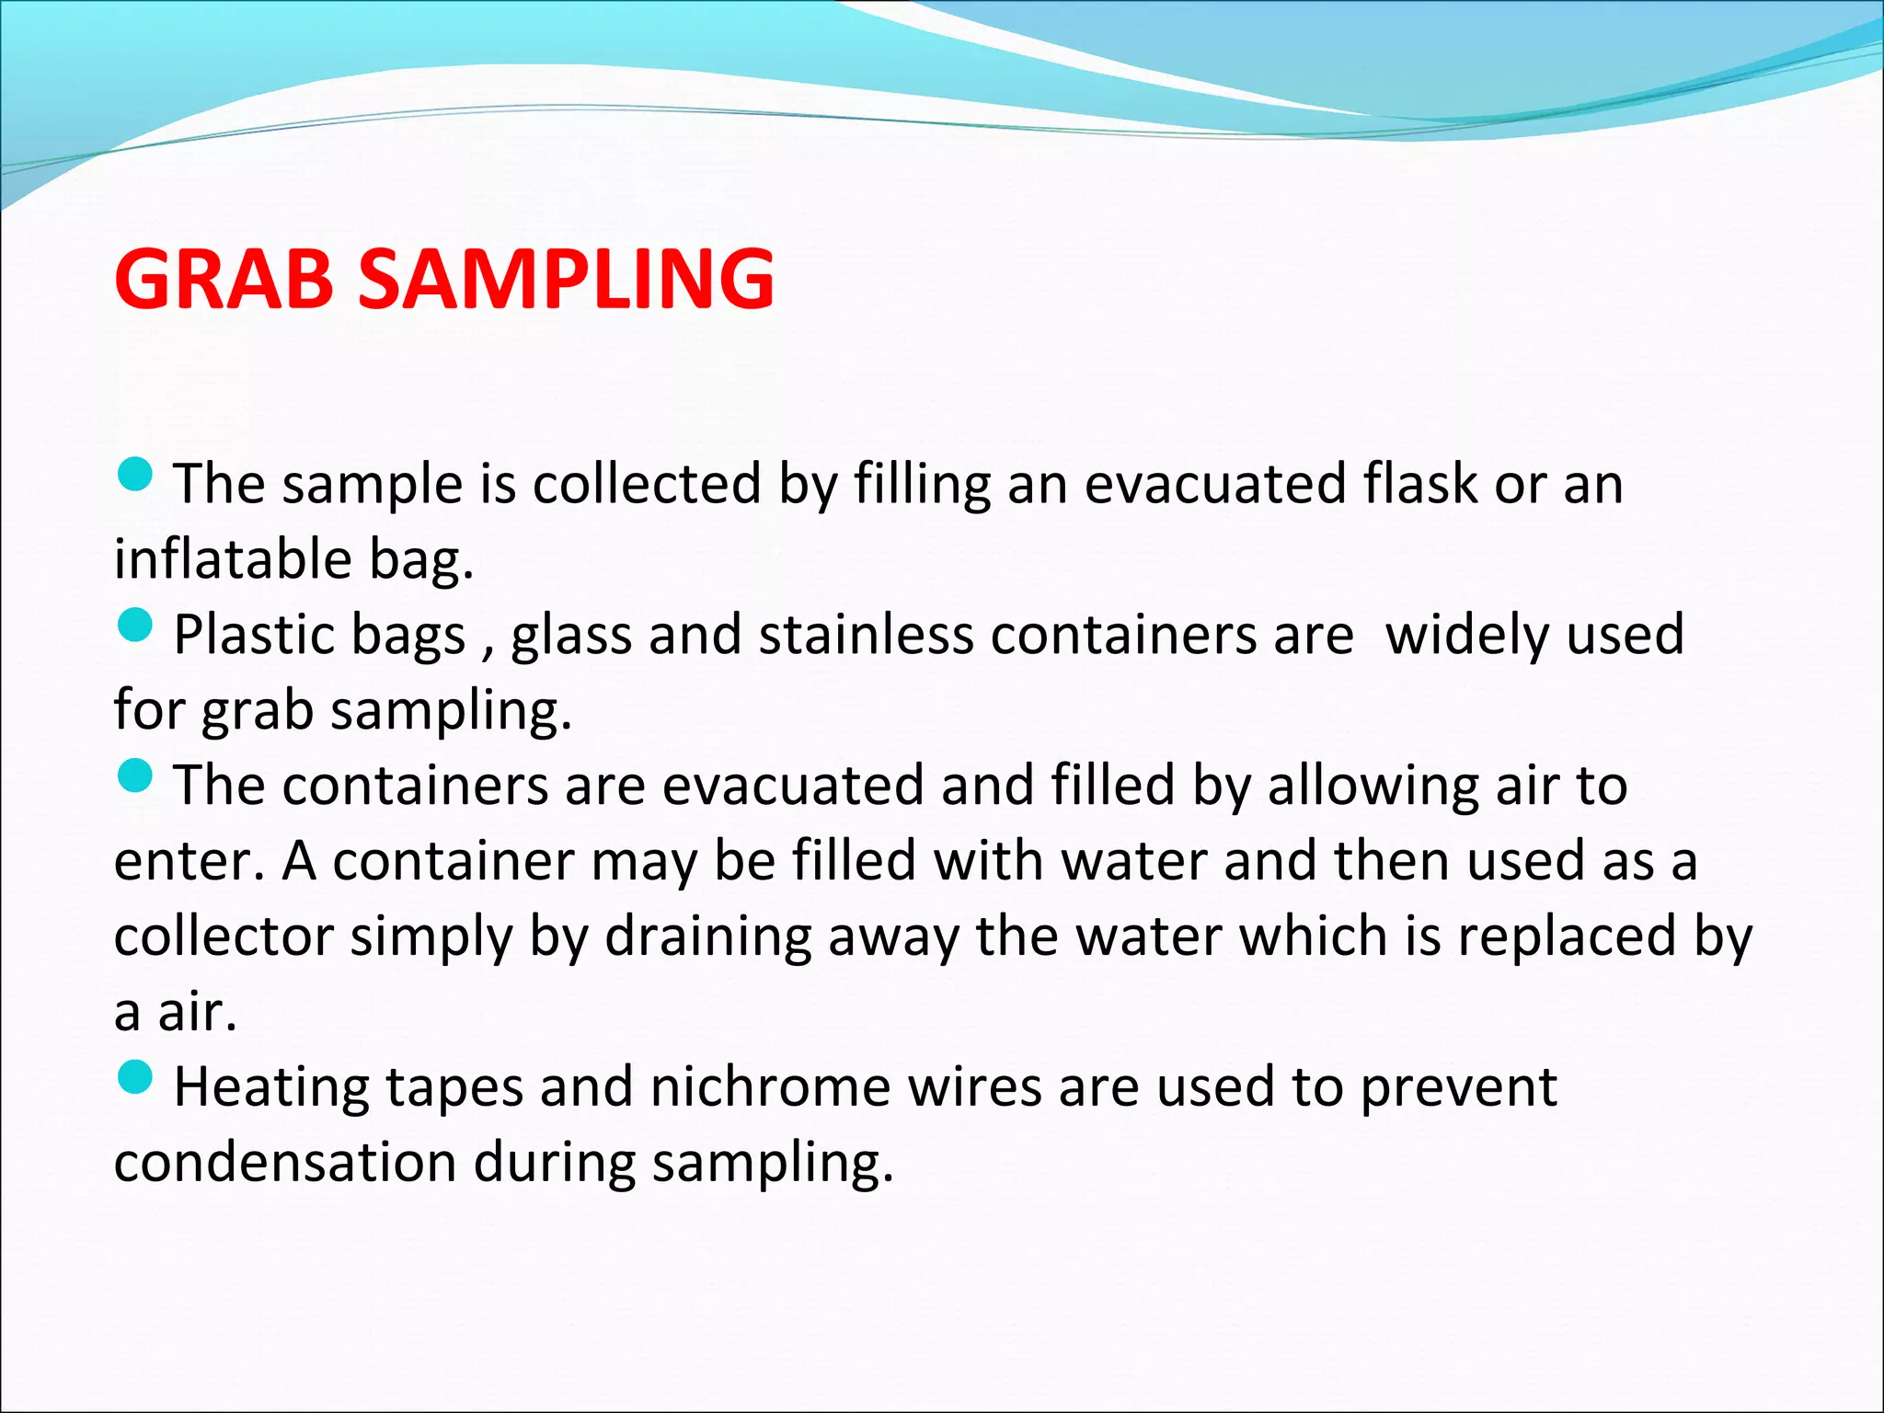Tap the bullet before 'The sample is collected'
[x=135, y=476]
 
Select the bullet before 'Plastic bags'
[x=135, y=626]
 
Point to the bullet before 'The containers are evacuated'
[x=135, y=777]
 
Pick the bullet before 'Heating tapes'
[x=135, y=1078]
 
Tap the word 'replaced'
[x=1567, y=938]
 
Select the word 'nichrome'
[x=771, y=1087]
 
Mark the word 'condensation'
[x=285, y=1163]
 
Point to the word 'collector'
[x=224, y=936]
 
